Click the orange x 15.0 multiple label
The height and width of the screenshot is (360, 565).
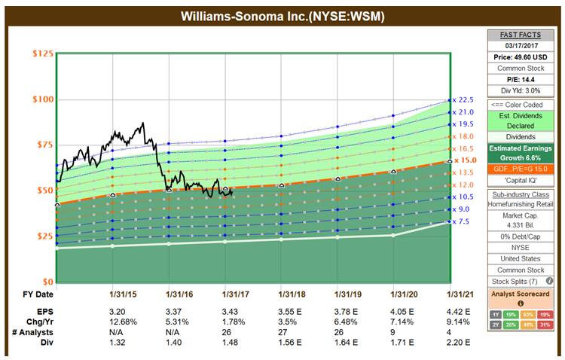463,160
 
